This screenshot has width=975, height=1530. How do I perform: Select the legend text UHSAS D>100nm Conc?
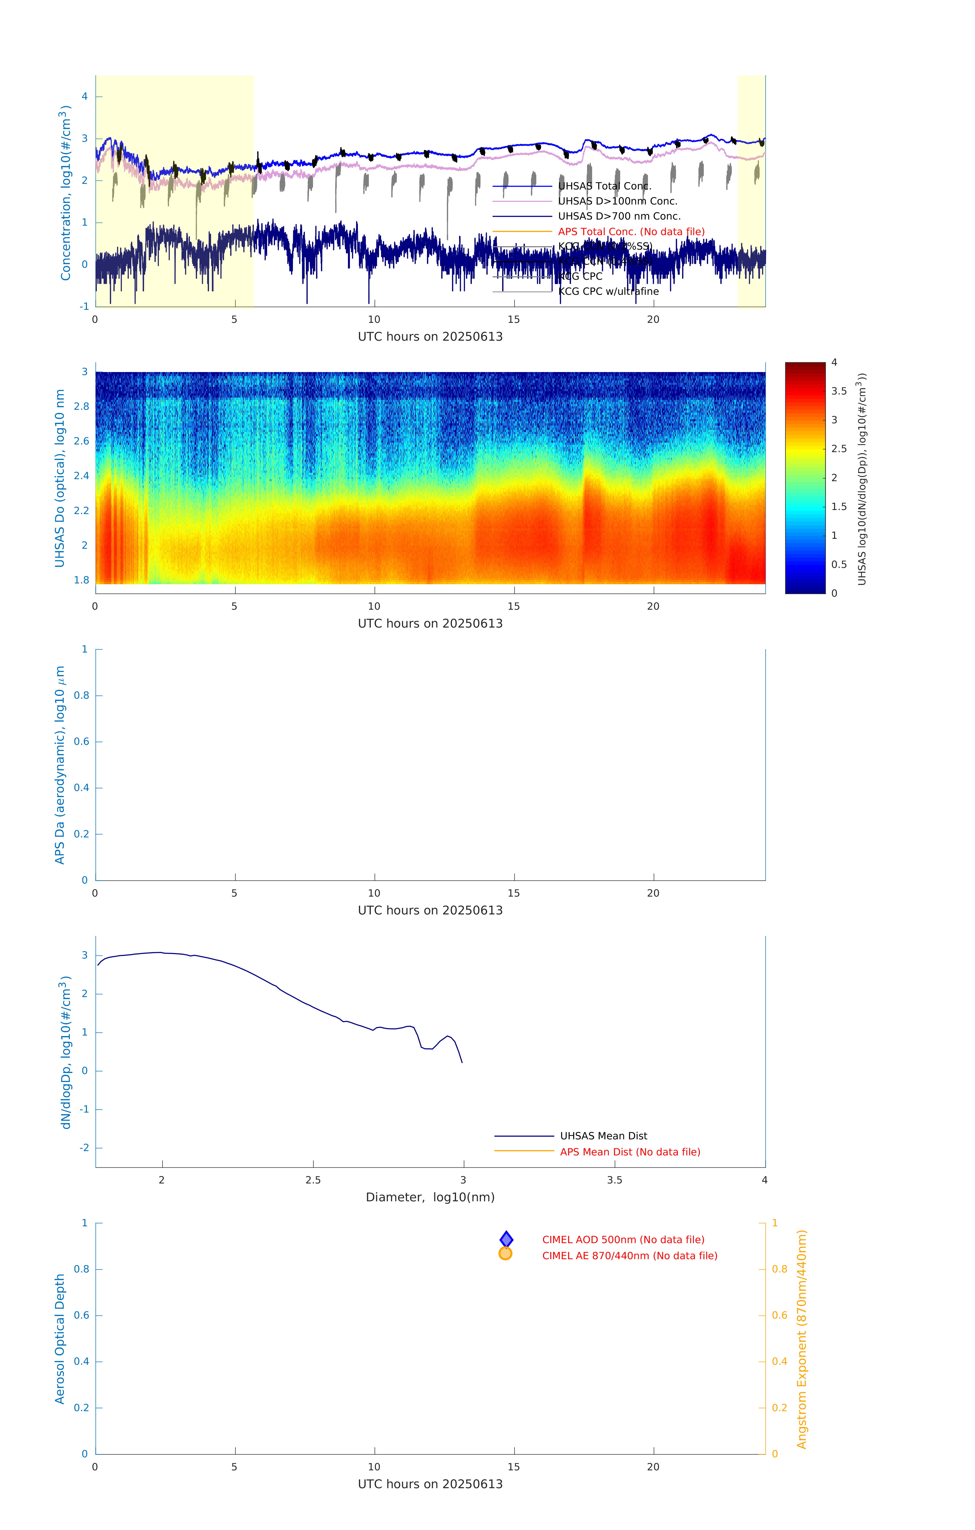click(617, 201)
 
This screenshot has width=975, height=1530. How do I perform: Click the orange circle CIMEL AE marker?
click(506, 1254)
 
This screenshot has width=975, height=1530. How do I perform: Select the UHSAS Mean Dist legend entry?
click(603, 1136)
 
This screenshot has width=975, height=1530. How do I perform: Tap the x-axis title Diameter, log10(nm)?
click(430, 1197)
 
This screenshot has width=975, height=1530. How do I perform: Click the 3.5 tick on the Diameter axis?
click(614, 1180)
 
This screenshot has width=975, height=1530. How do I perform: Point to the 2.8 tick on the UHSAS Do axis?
click(81, 407)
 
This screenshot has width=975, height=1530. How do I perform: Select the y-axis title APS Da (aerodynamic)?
click(60, 765)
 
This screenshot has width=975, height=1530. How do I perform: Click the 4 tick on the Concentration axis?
click(84, 97)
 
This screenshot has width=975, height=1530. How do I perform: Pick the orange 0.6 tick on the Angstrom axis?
click(779, 1315)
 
